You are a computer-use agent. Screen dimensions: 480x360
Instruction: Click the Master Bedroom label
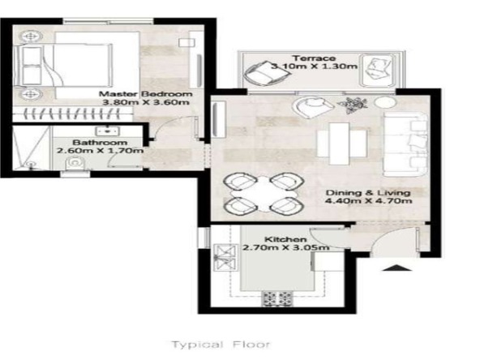146,94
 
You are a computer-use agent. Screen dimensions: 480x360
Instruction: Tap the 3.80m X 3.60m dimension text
146,102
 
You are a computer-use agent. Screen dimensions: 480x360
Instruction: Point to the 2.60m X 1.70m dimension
100,151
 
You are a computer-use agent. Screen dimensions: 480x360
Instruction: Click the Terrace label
314,58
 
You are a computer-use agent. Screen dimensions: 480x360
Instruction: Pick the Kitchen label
285,239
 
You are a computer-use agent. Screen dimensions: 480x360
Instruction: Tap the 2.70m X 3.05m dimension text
286,247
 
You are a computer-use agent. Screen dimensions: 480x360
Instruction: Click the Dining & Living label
368,193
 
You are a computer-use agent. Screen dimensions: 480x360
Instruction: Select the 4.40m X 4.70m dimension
369,201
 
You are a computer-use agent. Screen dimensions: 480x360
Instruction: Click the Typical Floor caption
221,345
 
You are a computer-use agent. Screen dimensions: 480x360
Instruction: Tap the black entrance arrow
397,268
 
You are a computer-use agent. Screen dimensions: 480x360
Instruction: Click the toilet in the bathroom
75,163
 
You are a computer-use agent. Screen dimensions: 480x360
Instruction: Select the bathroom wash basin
107,131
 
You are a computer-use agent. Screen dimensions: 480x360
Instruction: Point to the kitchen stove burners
277,298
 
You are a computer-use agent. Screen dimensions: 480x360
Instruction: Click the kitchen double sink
225,258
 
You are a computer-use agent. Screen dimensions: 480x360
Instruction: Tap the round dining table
264,194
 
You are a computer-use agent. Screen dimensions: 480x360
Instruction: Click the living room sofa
405,144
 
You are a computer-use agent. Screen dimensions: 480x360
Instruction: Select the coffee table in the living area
339,144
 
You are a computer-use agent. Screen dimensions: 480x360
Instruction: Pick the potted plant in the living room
353,105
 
